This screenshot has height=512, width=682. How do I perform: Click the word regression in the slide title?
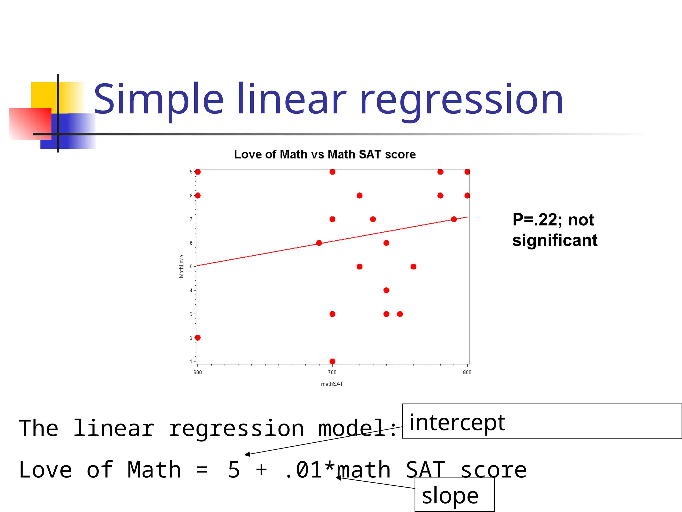(x=461, y=100)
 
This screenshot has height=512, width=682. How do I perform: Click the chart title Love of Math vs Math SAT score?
(x=325, y=154)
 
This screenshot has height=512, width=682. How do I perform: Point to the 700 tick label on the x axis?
(x=332, y=372)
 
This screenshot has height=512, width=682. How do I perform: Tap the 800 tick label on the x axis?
(x=467, y=372)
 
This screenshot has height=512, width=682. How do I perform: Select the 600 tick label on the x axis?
(x=197, y=372)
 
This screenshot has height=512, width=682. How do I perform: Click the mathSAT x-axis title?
(x=332, y=384)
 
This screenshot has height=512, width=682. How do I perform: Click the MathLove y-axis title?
(x=181, y=266)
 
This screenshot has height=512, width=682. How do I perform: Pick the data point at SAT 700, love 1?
(x=332, y=361)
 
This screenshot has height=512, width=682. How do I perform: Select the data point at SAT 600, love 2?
(x=198, y=338)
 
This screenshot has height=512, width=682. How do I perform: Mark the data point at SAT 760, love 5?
(x=413, y=267)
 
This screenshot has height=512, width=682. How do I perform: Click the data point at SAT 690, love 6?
(x=319, y=243)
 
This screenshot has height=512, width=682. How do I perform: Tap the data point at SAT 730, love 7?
(x=373, y=219)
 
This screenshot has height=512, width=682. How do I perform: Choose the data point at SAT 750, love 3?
(x=400, y=314)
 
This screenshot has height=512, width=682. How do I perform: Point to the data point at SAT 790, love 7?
(x=454, y=219)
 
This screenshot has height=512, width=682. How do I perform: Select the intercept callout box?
(x=541, y=421)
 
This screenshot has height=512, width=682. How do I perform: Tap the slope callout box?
(x=454, y=494)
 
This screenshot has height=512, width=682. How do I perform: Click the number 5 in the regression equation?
(x=234, y=470)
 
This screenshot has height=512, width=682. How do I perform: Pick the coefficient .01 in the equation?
(x=304, y=470)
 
